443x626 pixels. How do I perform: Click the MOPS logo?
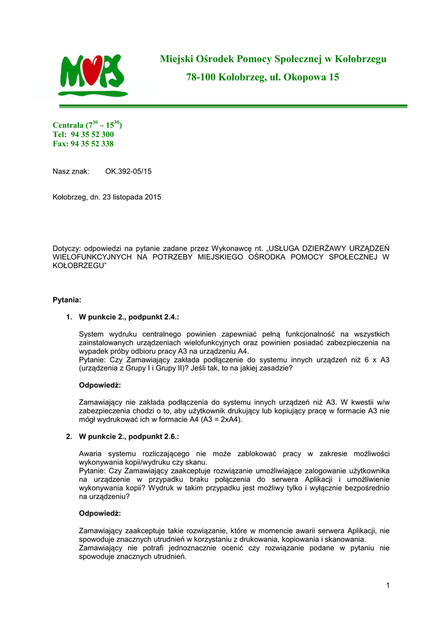[x=93, y=75]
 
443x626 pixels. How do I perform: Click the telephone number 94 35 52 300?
[x=92, y=134]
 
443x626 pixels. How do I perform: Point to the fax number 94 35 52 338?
[x=92, y=144]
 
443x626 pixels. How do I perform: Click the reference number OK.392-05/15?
[x=128, y=171]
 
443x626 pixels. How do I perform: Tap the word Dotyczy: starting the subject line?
[x=67, y=249]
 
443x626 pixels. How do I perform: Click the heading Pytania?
[x=67, y=300]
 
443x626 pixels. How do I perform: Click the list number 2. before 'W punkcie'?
[x=69, y=437]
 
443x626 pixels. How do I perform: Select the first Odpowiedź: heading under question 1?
[x=100, y=386]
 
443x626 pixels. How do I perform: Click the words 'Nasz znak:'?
[x=71, y=171]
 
